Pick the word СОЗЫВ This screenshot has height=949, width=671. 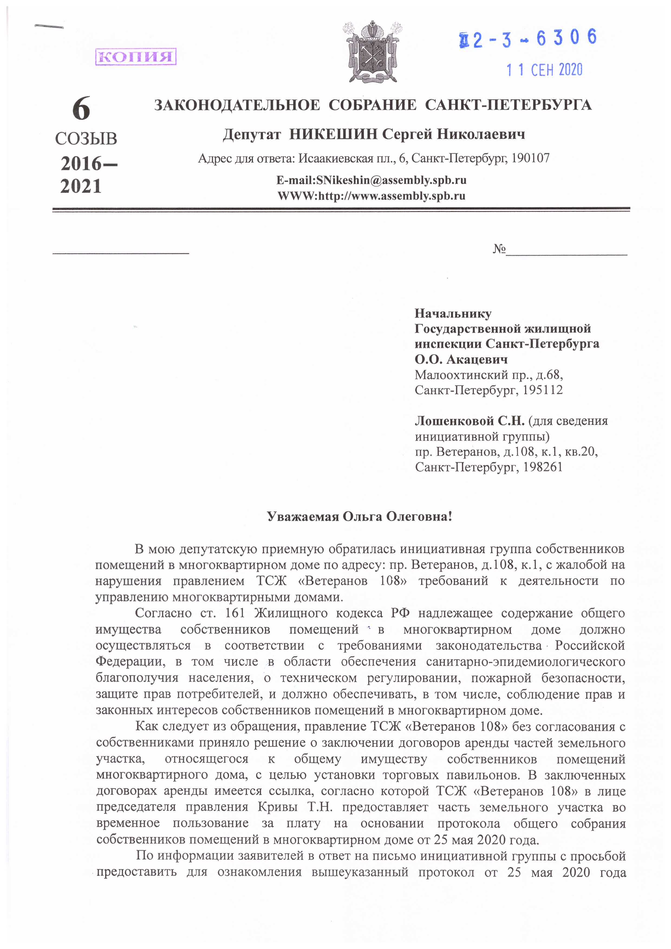(x=86, y=139)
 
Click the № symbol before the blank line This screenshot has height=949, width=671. (x=499, y=249)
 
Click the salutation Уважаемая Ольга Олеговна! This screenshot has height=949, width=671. (x=360, y=517)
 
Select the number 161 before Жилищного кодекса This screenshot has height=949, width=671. (x=235, y=613)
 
